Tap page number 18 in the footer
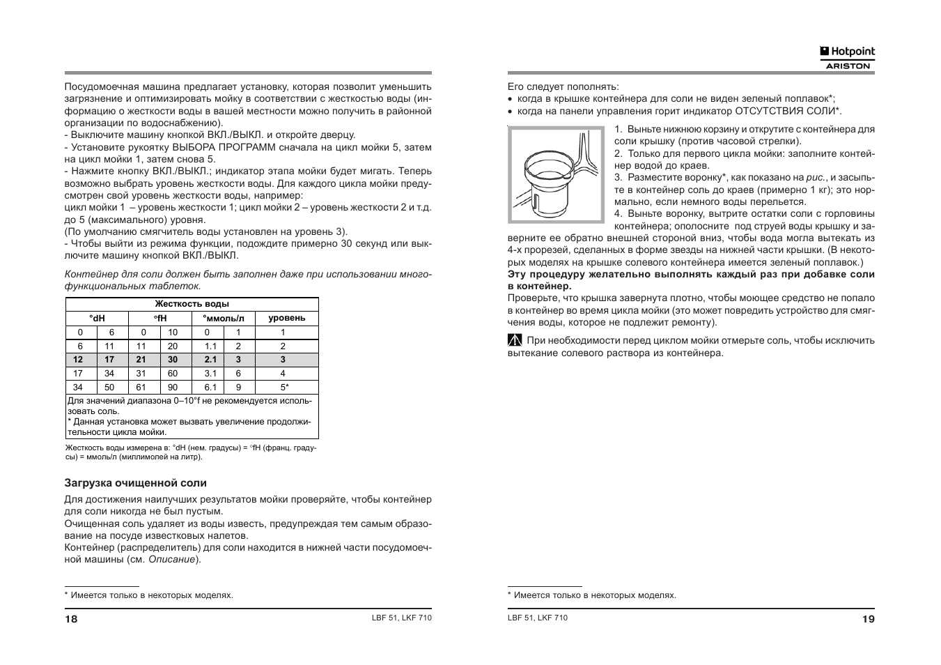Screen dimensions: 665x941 [71, 619]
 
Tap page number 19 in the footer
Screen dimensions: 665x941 [868, 619]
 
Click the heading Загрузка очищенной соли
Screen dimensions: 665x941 [136, 483]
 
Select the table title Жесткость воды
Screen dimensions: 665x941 [192, 304]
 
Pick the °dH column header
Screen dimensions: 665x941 [97, 318]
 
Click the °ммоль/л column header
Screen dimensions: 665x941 [224, 318]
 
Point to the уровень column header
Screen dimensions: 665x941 [287, 318]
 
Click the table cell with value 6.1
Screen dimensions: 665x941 [210, 388]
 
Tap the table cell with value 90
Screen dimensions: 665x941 [173, 388]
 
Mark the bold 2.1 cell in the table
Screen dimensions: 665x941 [210, 360]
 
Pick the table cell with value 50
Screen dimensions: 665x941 [109, 388]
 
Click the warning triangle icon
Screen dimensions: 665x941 [515, 341]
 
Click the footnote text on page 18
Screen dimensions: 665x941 [149, 595]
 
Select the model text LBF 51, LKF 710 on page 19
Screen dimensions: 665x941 [538, 618]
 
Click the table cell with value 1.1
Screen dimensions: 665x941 [210, 346]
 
